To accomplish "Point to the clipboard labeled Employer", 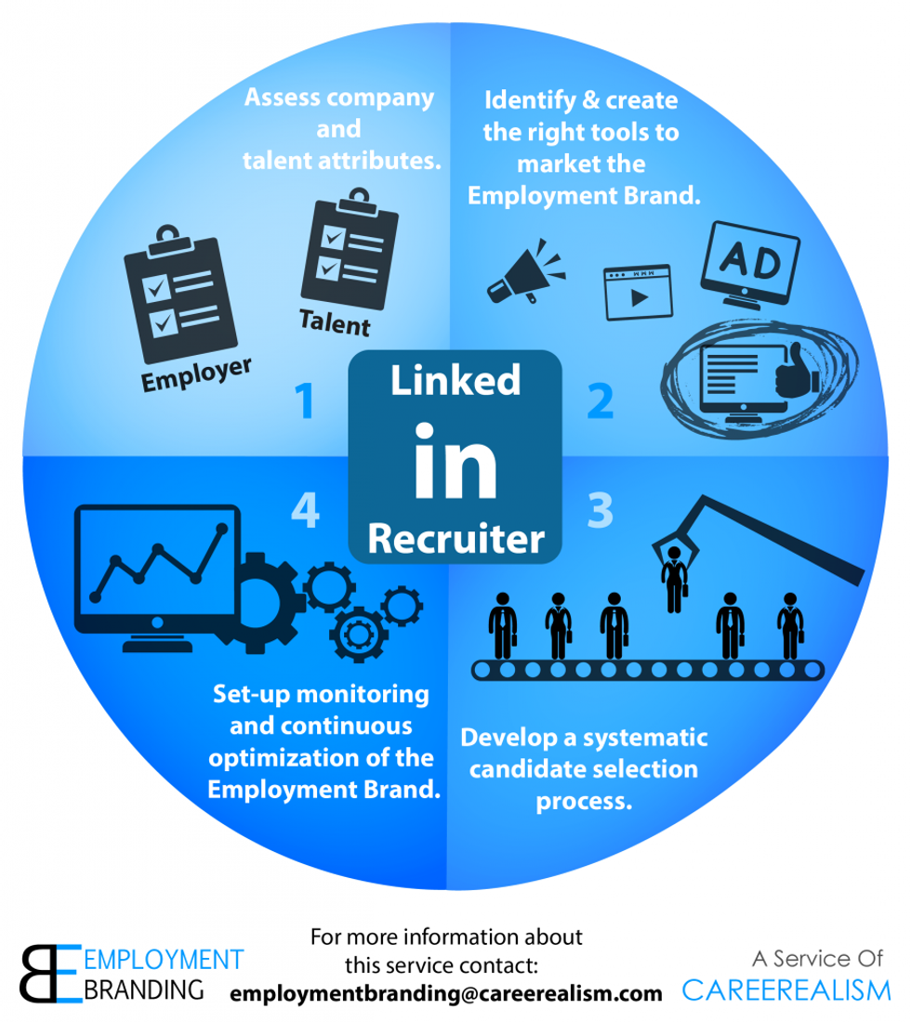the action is click(x=180, y=294).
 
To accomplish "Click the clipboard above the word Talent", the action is click(x=350, y=248).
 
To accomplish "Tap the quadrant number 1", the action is click(x=304, y=400).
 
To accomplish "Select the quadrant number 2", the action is click(x=600, y=400).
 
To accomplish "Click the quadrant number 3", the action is click(x=600, y=510).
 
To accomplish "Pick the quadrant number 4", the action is click(x=305, y=510).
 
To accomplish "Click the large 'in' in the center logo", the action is click(x=455, y=461).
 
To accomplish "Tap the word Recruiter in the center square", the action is click(x=455, y=539).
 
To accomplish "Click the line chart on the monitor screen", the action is click(x=158, y=562).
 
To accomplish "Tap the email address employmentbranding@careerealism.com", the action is click(x=446, y=993).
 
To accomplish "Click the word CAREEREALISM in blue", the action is click(x=786, y=990).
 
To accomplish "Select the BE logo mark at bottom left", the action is click(x=51, y=974).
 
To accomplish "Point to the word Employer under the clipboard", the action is click(x=196, y=374).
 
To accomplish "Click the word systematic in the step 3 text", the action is click(x=645, y=738).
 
